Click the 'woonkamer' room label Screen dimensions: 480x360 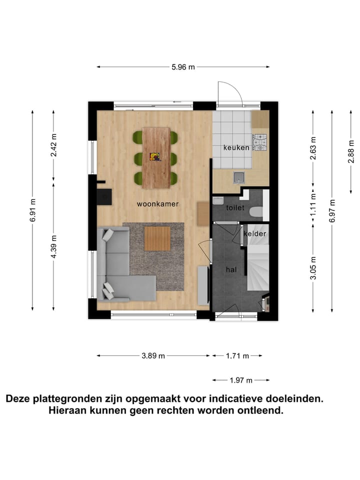point(158,204)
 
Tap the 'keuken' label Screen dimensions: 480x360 point(236,147)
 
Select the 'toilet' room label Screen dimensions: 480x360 point(235,207)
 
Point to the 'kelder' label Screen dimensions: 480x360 point(255,233)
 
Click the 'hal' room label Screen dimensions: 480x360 point(231,269)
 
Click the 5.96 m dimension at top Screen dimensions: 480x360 point(183,67)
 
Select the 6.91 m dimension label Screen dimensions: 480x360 point(33,210)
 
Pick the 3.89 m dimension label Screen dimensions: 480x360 point(153,356)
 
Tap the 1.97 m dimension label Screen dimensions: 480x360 point(240,380)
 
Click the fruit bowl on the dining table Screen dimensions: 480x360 point(155,157)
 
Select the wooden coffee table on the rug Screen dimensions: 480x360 point(157,238)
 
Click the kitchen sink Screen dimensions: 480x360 point(239,176)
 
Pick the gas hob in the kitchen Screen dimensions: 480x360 point(260,142)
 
